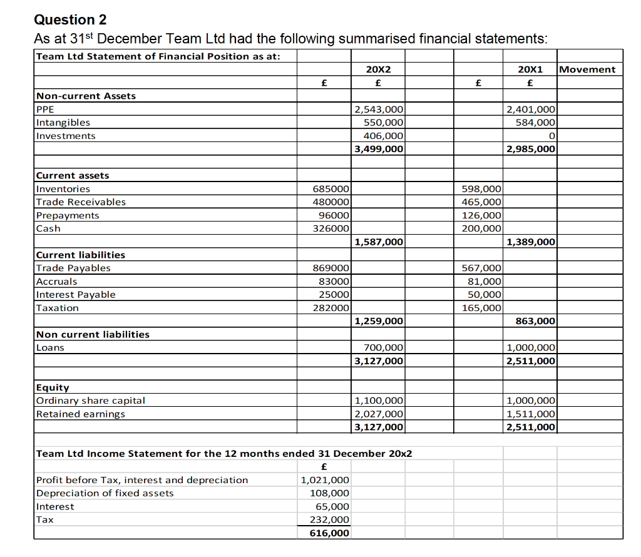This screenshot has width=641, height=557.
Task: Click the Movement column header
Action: pos(587,69)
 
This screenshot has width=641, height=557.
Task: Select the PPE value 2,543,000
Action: pos(379,110)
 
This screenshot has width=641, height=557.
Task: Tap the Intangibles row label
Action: pos(63,123)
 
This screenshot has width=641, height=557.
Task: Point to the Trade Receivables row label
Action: pos(81,202)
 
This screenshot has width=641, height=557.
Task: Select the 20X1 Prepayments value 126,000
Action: pos(481,215)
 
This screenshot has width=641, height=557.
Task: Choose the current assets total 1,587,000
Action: pos(379,242)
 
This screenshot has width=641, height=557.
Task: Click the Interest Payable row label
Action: pos(76,295)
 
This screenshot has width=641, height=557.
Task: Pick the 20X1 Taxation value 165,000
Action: pos(481,308)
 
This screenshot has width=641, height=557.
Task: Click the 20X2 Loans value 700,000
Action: pos(383,347)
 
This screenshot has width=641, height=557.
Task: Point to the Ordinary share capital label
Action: pos(91,401)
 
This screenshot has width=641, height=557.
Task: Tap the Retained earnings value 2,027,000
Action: pos(379,414)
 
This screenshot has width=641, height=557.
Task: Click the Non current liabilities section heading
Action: pos(93,334)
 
